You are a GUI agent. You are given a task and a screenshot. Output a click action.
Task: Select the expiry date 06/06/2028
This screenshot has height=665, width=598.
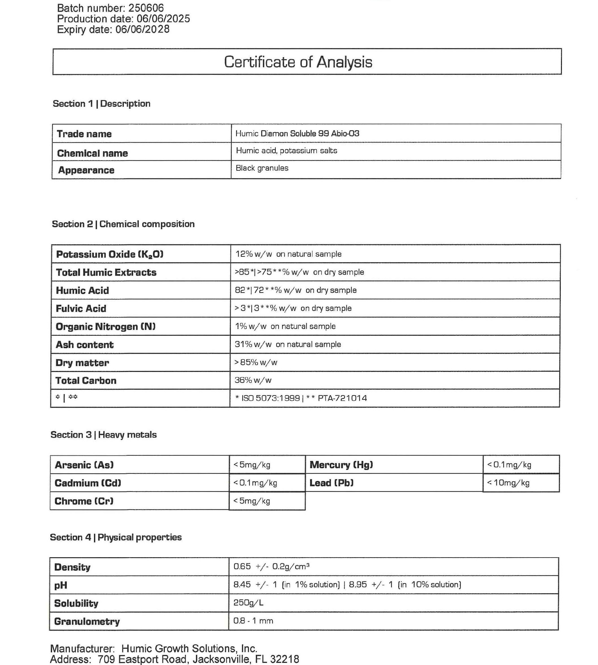[142, 29]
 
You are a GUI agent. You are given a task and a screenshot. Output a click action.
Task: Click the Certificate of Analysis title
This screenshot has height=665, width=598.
[298, 62]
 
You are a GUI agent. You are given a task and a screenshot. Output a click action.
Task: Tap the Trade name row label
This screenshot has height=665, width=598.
[84, 134]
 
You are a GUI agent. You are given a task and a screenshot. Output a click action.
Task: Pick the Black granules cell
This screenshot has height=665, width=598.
[262, 168]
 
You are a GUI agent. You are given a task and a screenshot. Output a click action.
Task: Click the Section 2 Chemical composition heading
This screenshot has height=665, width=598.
[123, 224]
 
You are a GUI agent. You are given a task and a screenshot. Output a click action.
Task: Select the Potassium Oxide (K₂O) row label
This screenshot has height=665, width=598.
[110, 254]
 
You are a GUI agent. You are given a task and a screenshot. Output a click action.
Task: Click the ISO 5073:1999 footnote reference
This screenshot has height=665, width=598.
[270, 398]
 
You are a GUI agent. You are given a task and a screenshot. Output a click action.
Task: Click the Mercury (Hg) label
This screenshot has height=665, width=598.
[341, 465]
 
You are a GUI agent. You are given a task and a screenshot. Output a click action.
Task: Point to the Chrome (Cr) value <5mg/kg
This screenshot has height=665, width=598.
[252, 501]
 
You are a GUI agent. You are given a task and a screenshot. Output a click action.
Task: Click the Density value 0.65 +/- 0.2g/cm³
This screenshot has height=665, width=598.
[271, 567]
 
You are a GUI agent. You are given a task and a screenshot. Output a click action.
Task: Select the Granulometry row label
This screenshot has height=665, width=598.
[87, 621]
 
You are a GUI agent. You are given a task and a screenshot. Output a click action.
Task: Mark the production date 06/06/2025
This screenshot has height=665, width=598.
[163, 19]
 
